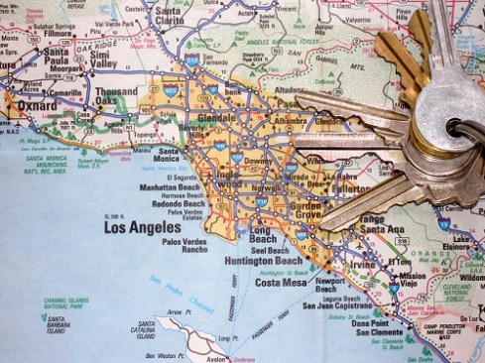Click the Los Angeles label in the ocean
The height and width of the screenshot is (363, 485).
click(x=144, y=228)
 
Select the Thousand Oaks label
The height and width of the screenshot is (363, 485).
click(x=116, y=96)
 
